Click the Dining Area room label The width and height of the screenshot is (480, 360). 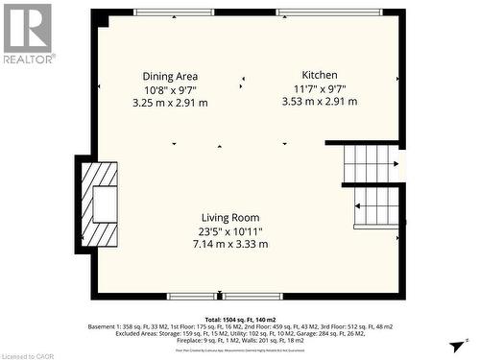point(170,77)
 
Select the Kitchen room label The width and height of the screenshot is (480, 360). point(320,75)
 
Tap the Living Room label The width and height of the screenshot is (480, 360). point(229,218)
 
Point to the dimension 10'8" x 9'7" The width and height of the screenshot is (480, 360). point(170,89)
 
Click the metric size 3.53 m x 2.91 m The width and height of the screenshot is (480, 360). point(320,101)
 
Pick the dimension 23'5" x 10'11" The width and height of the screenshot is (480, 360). point(229,231)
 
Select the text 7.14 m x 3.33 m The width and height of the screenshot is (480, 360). point(229,245)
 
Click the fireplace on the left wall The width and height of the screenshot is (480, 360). point(99,204)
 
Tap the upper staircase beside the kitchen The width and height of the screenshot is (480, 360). point(370,163)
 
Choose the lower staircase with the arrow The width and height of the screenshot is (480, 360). point(376,207)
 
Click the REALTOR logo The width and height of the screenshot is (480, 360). point(27,33)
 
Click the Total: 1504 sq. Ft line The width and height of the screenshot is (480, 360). point(241,318)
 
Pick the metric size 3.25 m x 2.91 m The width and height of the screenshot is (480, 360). point(170,103)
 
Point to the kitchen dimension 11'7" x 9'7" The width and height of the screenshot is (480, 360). point(320,88)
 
